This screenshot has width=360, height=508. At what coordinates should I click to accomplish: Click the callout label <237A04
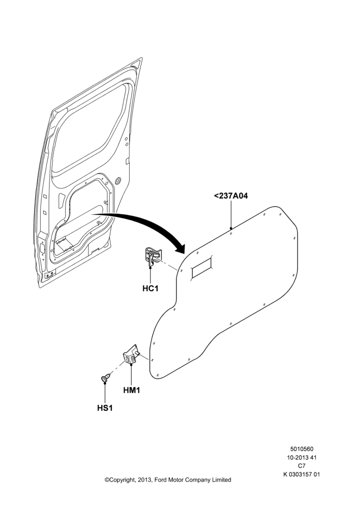[x=231, y=196]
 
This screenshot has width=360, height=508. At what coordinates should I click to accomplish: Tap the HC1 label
[x=151, y=288]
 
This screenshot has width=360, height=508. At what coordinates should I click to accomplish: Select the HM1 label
[x=131, y=390]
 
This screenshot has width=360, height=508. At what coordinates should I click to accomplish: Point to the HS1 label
[x=105, y=408]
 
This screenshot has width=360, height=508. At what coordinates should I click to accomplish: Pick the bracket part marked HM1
[x=131, y=354]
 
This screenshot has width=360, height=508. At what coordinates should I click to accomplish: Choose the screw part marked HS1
[x=105, y=378]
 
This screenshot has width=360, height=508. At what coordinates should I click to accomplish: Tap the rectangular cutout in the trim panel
[x=202, y=266]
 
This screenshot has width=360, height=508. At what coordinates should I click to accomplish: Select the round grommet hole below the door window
[x=118, y=180]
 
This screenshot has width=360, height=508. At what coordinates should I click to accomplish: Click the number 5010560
[x=302, y=449]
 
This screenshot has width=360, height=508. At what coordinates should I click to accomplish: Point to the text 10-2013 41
[x=302, y=458]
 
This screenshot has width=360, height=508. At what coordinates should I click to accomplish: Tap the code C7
[x=302, y=466]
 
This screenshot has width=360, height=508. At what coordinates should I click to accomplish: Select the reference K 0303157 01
[x=302, y=474]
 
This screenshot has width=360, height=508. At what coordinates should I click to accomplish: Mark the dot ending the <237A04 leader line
[x=231, y=228]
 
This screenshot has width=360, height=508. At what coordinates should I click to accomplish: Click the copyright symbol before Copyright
[x=107, y=480]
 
